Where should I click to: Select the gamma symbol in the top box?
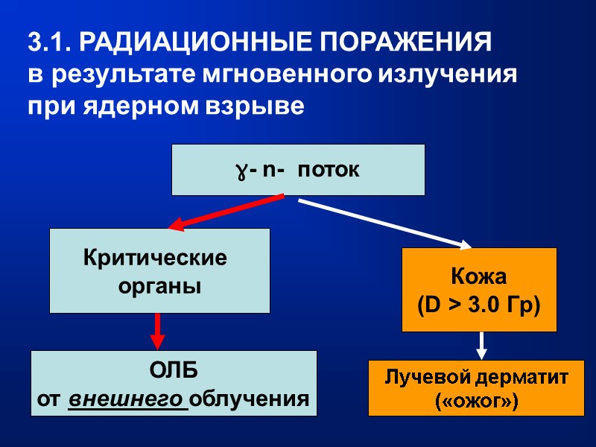(x=242, y=171)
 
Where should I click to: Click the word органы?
(x=159, y=286)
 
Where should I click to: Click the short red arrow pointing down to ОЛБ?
(x=157, y=331)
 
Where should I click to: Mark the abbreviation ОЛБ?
(x=173, y=371)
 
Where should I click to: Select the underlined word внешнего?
(x=127, y=399)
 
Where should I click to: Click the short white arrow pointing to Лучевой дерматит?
(x=481, y=345)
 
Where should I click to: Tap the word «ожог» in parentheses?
(x=476, y=402)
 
